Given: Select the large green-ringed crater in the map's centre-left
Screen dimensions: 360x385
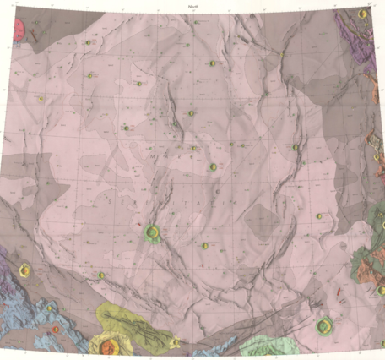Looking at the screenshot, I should pos(153,231).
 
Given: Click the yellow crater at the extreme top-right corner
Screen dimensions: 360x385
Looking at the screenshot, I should pos(363,14).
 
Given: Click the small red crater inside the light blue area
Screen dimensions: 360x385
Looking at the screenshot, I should pos(56,329).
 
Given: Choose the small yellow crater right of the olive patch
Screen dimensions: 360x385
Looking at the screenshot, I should pos(175,341).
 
